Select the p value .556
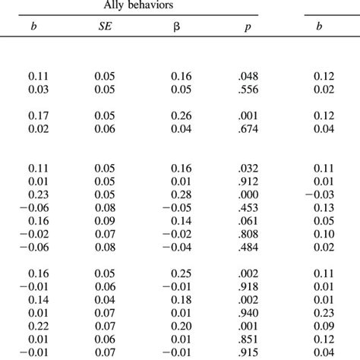pyautogui.click(x=248, y=90)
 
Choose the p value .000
pyautogui.click(x=248, y=193)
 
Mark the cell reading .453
pyautogui.click(x=248, y=207)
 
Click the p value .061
pyautogui.click(x=248, y=220)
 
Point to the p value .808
pyautogui.click(x=248, y=234)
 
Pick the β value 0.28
pyautogui.click(x=176, y=193)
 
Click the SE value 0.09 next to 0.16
pyautogui.click(x=104, y=220)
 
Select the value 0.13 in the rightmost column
pyautogui.click(x=324, y=207)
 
